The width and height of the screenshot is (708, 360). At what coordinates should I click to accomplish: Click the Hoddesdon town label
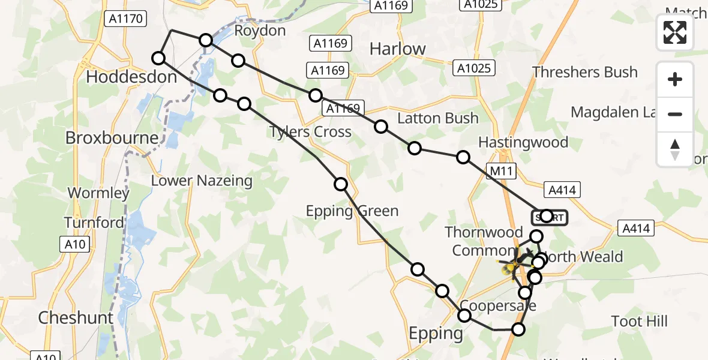click(131, 77)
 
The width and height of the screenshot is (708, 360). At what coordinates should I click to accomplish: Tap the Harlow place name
click(397, 49)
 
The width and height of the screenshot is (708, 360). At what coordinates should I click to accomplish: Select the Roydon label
click(260, 30)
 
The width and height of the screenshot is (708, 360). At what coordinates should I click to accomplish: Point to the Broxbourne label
click(112, 137)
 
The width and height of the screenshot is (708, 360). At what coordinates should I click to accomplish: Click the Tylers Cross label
click(310, 131)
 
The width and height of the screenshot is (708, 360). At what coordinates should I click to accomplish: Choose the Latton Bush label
click(437, 118)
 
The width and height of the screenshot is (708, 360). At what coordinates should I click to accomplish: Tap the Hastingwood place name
click(523, 142)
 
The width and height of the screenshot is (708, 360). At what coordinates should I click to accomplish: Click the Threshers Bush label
click(584, 72)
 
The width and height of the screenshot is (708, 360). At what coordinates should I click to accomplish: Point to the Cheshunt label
click(76, 317)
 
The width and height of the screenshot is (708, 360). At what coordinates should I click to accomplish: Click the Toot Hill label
click(640, 321)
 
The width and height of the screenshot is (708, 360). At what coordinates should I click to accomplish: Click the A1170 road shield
click(125, 19)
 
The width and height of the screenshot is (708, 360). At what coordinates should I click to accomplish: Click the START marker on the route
click(549, 217)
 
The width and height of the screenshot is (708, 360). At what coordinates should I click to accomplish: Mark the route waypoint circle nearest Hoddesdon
click(158, 58)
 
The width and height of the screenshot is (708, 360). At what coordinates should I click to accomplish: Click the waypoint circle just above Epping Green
click(341, 184)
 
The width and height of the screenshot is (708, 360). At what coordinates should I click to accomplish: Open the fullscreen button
click(675, 32)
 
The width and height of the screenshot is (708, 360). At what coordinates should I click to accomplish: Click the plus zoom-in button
click(675, 79)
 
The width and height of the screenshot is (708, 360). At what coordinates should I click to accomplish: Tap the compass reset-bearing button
click(675, 149)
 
